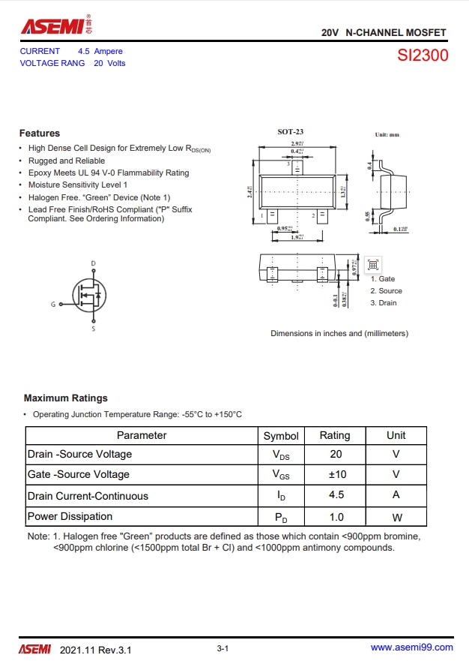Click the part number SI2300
pyautogui.click(x=423, y=56)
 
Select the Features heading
pyautogui.click(x=40, y=134)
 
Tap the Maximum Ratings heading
pyautogui.click(x=66, y=398)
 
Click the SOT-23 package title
pyautogui.click(x=291, y=132)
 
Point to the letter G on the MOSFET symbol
pyautogui.click(x=53, y=305)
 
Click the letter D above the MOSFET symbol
pyautogui.click(x=94, y=263)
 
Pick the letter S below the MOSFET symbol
pyautogui.click(x=94, y=329)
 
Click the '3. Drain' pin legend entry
pyautogui.click(x=384, y=303)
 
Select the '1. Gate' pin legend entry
pyautogui.click(x=382, y=279)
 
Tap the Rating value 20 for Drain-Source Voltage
pyautogui.click(x=336, y=455)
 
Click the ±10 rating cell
pyautogui.click(x=336, y=475)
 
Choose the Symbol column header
pyautogui.click(x=281, y=436)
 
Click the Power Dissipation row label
pyautogui.click(x=70, y=517)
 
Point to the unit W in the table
pyautogui.click(x=396, y=517)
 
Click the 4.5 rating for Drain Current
pyautogui.click(x=336, y=495)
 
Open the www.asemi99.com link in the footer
pyautogui.click(x=412, y=647)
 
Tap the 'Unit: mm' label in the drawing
pyautogui.click(x=387, y=135)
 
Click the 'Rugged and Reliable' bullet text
pyautogui.click(x=67, y=161)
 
